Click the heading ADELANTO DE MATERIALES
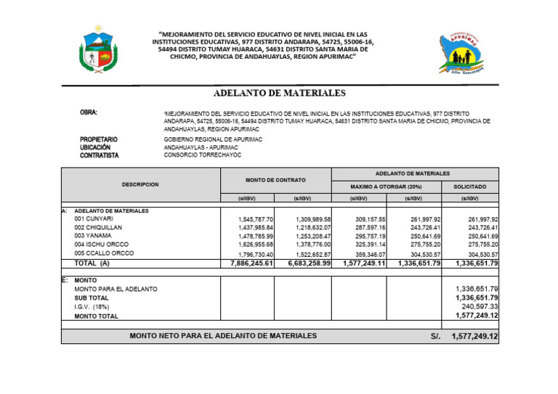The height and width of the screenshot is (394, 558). click(279, 94)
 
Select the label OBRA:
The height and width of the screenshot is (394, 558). click(89, 113)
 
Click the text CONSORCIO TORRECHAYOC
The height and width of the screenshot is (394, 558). click(202, 155)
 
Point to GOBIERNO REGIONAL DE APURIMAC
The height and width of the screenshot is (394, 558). click(213, 139)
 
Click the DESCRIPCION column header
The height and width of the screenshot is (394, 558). click(140, 185)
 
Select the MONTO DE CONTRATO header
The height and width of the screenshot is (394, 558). click(276, 180)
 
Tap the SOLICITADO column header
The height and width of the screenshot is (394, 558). click(470, 186)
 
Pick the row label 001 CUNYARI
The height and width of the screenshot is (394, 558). click(94, 218)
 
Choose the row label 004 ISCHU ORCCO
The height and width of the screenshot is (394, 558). click(101, 245)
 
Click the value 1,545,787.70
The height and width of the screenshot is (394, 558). click(256, 219)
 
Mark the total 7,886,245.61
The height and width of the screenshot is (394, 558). click(248, 263)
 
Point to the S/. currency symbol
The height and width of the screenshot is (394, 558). click(435, 337)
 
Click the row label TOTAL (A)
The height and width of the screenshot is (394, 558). click(94, 263)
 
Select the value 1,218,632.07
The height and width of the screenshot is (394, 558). click(313, 228)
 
